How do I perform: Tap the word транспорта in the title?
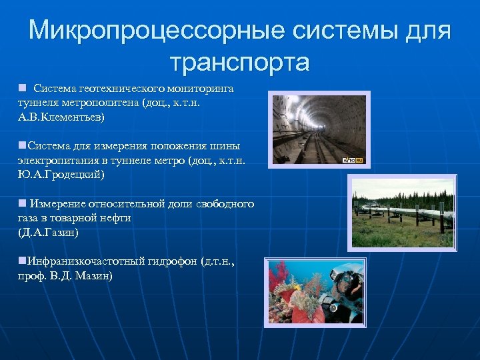click(239, 62)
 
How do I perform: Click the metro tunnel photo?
click(319, 129)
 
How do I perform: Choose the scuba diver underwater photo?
click(315, 291)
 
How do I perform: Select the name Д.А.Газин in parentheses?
click(49, 232)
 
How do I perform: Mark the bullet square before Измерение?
click(22, 203)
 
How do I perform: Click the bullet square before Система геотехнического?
click(22, 88)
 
